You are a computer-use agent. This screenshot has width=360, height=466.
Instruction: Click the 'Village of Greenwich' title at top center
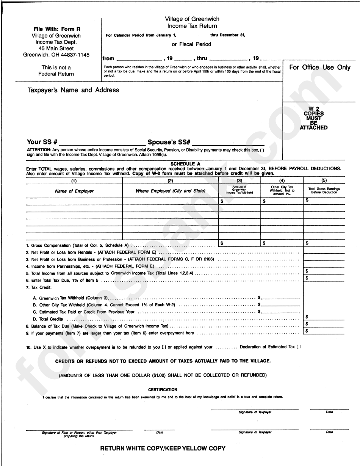[x=192, y=19]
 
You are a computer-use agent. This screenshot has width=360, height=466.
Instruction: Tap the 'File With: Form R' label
[x=57, y=29]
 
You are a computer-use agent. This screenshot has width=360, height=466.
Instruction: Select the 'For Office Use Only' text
[x=320, y=67]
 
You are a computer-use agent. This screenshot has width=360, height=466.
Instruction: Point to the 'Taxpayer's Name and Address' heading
[x=73, y=90]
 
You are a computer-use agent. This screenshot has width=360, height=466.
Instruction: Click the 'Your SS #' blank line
[x=102, y=143]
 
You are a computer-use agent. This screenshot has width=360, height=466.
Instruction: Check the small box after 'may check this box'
[x=262, y=151]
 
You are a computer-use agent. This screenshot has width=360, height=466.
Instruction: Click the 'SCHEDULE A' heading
[x=185, y=164]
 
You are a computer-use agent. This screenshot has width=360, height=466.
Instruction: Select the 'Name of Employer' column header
[x=74, y=191]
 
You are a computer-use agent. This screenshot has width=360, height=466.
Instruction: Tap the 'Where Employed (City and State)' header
[x=171, y=191]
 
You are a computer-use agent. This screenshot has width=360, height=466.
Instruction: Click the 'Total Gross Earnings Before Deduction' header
[x=324, y=190]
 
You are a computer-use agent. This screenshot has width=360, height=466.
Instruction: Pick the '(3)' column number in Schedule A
[x=239, y=181]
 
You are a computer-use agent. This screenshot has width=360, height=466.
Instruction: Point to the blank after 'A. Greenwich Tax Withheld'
[x=280, y=298]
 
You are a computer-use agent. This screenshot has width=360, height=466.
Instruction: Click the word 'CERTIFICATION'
[x=163, y=389]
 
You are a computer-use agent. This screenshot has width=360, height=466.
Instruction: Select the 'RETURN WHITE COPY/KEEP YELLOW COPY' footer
[x=163, y=448]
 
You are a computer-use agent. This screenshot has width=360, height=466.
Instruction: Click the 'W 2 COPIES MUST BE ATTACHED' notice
[x=314, y=118]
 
